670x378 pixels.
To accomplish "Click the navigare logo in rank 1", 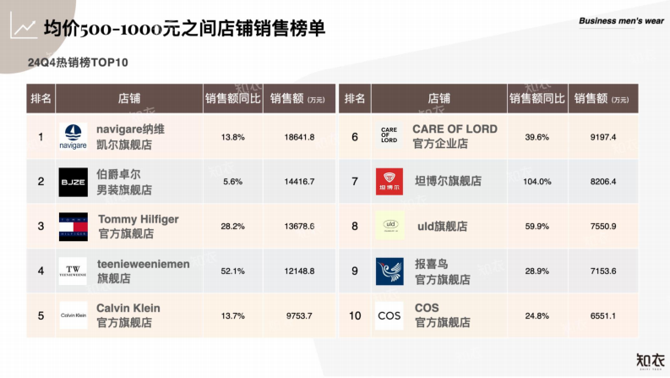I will [73, 137].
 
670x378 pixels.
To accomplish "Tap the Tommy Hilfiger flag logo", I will [73, 227].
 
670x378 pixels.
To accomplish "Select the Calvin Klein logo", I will [73, 315].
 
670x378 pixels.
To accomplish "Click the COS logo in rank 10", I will [389, 315].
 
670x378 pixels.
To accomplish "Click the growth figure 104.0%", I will [537, 182].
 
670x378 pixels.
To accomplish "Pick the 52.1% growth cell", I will [232, 271].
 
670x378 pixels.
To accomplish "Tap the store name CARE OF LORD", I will [455, 129].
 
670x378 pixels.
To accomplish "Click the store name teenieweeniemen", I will [143, 264].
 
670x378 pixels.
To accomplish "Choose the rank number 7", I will [355, 182].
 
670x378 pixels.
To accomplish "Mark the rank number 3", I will [41, 227].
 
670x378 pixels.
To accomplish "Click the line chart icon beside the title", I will [23, 27].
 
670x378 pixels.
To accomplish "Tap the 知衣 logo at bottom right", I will [641, 359].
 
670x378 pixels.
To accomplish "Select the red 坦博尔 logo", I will [389, 182].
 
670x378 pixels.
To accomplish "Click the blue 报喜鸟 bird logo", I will [389, 271].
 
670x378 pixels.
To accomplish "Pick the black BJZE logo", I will [73, 182].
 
